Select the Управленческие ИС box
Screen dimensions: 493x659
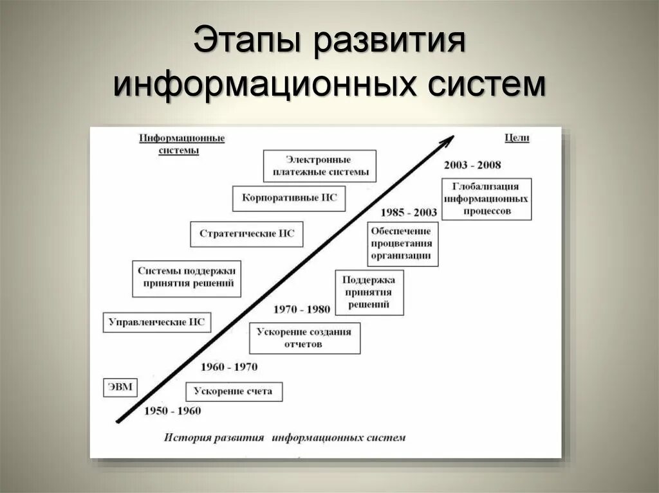(157, 322)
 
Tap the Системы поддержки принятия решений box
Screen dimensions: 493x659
(186, 278)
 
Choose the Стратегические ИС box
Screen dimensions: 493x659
(246, 233)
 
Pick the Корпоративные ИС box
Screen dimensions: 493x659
(289, 198)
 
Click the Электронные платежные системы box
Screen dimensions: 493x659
(319, 166)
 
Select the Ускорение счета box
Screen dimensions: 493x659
(234, 391)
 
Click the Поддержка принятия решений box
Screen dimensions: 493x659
(369, 292)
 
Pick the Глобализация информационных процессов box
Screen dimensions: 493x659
(487, 199)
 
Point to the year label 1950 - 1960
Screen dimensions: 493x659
(172, 411)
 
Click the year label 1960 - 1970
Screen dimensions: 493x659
(228, 367)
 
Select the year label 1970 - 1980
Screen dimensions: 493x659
(301, 309)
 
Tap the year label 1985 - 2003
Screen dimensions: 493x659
(408, 212)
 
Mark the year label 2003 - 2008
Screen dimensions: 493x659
(472, 165)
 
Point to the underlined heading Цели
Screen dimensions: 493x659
(516, 138)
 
